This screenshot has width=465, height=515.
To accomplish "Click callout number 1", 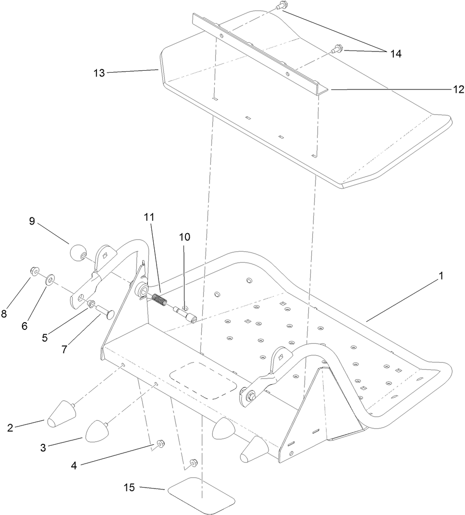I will point(441,276).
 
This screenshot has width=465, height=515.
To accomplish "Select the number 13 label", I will point(99,73).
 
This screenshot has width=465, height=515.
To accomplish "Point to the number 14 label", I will point(395,54).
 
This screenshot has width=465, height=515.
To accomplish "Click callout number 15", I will point(129,488).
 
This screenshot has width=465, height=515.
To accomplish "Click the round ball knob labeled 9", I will point(76,252).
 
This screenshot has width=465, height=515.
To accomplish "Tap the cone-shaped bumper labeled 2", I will point(61,415).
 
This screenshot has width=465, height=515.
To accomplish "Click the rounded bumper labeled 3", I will point(98,431).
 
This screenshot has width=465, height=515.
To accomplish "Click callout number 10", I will point(184,237).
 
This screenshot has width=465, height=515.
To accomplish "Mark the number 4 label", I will point(73,465).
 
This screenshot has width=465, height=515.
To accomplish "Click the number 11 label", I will point(149,217).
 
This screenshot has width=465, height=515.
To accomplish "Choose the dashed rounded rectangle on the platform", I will point(203,380).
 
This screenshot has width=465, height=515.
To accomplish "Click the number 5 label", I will point(45,337).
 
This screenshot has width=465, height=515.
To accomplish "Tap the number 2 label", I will point(10,427).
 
